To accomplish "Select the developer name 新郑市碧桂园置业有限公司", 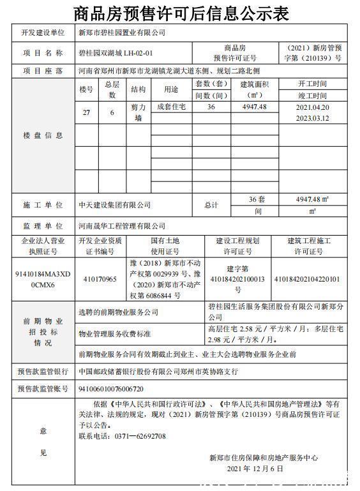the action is coord(121,32).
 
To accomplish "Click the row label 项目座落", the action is coord(43,71).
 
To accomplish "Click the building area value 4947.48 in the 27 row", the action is coord(254,107).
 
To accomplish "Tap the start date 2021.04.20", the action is coord(312,107).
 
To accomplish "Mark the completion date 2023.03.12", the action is coord(312,118).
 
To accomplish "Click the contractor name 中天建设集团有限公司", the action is coord(114,205).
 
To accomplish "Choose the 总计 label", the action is coord(211,205).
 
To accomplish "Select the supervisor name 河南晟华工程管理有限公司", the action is coord(121,226).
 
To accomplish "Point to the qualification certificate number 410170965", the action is coord(100,280).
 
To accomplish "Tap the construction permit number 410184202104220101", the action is coord(307,279).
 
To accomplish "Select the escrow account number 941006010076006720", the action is coord(110,388).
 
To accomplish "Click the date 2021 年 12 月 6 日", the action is coord(255,468).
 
